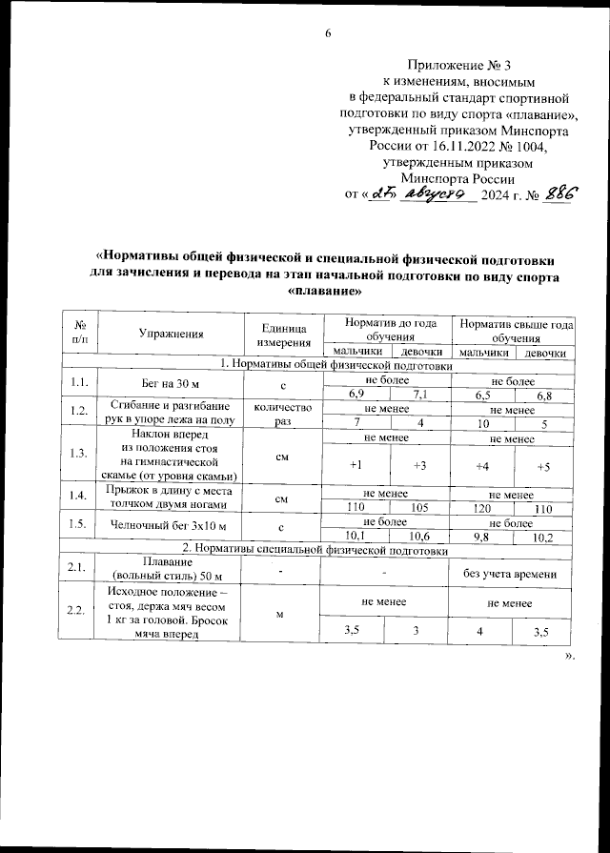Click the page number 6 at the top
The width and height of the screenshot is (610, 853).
pyautogui.click(x=327, y=34)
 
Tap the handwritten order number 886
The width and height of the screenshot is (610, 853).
pyautogui.click(x=560, y=193)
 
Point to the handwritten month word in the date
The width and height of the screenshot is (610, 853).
pyautogui.click(x=434, y=193)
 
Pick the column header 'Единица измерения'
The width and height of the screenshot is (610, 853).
pyautogui.click(x=281, y=333)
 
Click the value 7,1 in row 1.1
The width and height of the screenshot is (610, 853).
pyautogui.click(x=417, y=393)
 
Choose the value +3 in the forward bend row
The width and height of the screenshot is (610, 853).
pyautogui.click(x=417, y=466)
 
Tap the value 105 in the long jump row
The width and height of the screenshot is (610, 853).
pyautogui.click(x=417, y=508)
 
